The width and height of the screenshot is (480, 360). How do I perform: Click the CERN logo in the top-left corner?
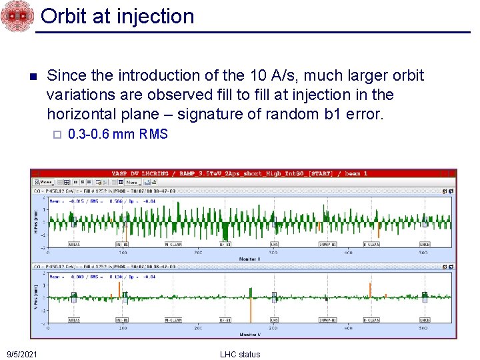click(16, 16)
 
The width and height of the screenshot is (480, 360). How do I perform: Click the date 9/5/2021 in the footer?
click(22, 354)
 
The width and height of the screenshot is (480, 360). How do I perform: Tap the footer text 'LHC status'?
click(240, 354)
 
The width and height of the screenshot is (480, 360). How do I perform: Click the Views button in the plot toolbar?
click(45, 181)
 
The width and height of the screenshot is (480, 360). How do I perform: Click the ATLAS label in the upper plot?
click(73, 245)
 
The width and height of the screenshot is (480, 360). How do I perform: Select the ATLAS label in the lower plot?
click(73, 320)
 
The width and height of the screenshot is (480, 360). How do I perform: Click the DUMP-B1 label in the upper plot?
click(327, 245)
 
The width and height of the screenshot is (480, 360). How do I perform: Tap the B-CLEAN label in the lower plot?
click(371, 320)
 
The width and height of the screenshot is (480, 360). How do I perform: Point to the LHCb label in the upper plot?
click(424, 245)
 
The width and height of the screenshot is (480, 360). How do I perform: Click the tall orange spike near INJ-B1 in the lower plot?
click(119, 290)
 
